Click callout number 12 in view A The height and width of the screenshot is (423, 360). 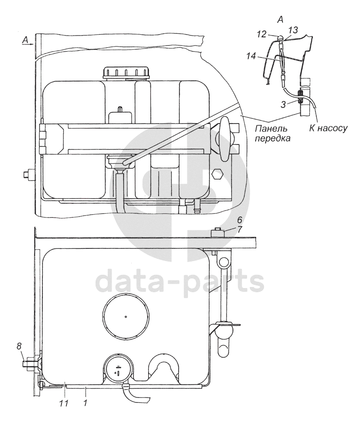pyautogui.click(x=262, y=34)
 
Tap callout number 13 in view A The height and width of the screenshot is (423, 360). pyautogui.click(x=293, y=30)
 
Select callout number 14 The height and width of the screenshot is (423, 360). pyautogui.click(x=251, y=57)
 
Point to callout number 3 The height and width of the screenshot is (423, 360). pyautogui.click(x=283, y=104)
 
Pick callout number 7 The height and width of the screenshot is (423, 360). pyautogui.click(x=239, y=229)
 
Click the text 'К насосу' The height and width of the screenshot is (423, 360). pyautogui.click(x=328, y=128)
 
